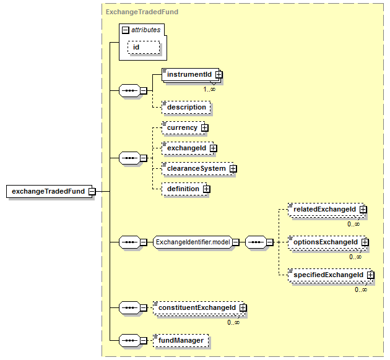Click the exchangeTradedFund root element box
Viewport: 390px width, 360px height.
tap(49, 191)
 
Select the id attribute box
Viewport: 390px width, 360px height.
tap(144, 47)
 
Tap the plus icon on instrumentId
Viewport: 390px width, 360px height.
tap(219, 74)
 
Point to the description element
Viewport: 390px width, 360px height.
tap(186, 108)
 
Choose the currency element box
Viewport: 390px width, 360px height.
tap(183, 127)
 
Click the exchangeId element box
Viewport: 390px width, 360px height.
tap(188, 148)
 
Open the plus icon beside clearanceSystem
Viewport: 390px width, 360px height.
tap(233, 169)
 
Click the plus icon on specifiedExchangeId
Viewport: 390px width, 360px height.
tap(371, 275)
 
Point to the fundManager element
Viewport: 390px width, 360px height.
tap(181, 341)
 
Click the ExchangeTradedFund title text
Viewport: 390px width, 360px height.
tap(142, 12)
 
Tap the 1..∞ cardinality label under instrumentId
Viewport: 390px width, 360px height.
tap(209, 89)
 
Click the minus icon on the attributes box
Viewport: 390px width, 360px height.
tap(126, 30)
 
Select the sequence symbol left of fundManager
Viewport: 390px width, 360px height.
tap(129, 341)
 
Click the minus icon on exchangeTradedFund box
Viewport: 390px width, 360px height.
tap(92, 191)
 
